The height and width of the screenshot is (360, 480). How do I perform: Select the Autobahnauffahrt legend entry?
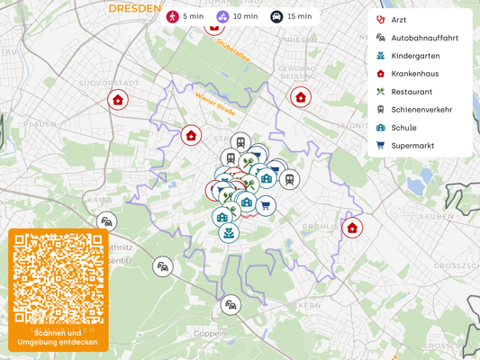(x=423, y=38)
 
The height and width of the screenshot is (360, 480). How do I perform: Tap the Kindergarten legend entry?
(x=415, y=56)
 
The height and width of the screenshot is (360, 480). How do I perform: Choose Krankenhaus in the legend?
(x=415, y=74)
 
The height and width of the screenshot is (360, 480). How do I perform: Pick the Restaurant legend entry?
(x=412, y=92)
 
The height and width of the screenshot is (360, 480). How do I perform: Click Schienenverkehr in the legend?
(x=421, y=110)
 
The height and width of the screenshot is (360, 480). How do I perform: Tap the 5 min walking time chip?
(x=184, y=16)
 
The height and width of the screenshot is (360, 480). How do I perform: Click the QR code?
(x=59, y=278)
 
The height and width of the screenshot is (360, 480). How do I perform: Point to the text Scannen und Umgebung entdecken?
(x=59, y=337)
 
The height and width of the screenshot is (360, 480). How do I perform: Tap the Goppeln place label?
(x=210, y=333)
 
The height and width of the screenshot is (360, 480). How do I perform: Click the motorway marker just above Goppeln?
(x=231, y=305)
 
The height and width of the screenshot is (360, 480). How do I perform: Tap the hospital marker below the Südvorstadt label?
(x=117, y=100)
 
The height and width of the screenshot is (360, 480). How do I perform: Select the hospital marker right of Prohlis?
(x=352, y=228)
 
